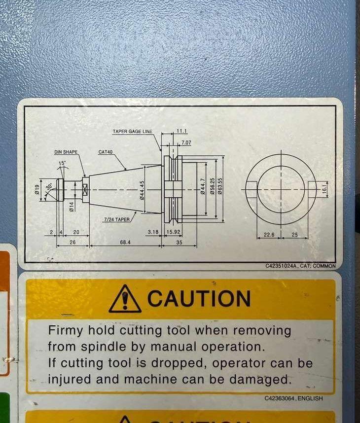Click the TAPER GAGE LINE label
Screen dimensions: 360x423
tap(133, 131)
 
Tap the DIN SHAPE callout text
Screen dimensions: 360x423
tap(66, 152)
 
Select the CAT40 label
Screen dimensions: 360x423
tap(106, 152)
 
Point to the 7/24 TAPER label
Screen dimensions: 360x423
tap(117, 219)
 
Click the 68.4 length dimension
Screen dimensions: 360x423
tap(125, 242)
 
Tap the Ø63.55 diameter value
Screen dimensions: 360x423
tap(220, 186)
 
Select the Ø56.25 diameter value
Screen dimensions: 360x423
tap(213, 186)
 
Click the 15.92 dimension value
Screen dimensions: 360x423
tap(173, 232)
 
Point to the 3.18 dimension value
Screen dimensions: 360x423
tap(153, 232)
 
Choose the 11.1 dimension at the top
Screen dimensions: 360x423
tap(181, 131)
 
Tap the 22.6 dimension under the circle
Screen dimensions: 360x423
tap(269, 235)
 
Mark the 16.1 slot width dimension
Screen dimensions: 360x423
tap(324, 187)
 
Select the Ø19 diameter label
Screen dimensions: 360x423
tap(37, 188)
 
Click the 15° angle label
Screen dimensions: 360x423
tap(62, 163)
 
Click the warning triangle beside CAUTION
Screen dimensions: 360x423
tap(125, 299)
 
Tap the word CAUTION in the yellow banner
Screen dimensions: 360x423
tap(199, 298)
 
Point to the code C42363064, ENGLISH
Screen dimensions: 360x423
tap(293, 398)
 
